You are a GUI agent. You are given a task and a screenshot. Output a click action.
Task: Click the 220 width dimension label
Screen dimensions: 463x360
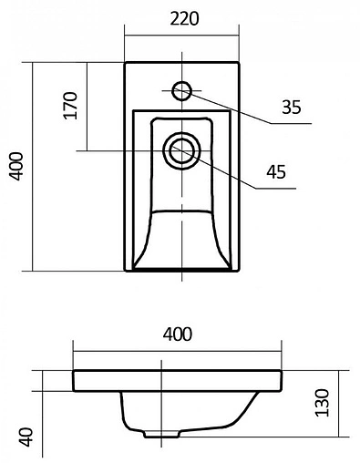182,18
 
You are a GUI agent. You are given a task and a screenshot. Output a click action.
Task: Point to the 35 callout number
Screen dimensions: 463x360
291,108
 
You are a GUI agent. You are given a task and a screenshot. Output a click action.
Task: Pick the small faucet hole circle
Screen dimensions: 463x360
181,89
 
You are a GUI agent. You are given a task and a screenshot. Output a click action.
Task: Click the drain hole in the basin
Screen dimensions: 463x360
182,149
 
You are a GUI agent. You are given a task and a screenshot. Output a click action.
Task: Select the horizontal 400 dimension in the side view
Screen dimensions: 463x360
178,334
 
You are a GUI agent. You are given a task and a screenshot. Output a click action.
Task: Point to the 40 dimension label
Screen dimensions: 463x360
27,437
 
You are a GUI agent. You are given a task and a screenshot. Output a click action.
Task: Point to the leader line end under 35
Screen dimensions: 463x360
310,122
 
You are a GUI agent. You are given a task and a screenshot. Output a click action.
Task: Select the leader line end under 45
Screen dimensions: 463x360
297,185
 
